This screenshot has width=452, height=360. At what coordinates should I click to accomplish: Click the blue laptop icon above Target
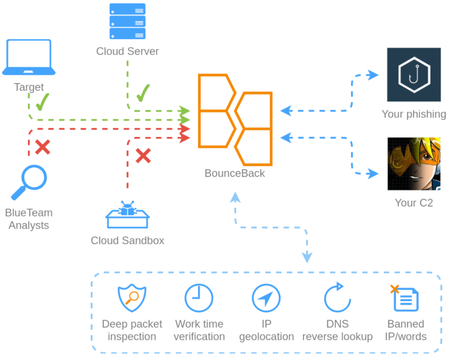coord(28,57)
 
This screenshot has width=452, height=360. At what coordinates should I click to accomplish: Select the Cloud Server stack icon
coord(127,21)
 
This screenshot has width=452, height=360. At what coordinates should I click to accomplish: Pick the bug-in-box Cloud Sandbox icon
coord(127,214)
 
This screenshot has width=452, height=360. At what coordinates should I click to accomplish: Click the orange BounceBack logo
coord(235,120)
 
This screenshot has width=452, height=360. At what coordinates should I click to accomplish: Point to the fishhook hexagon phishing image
coord(413,74)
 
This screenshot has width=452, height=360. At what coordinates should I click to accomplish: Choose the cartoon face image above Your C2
coord(413,164)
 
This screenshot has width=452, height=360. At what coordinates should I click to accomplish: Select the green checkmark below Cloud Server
coord(143,93)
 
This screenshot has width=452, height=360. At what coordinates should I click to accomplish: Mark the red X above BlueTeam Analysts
coord(42,147)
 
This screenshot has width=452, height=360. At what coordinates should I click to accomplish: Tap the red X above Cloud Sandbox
coord(143,156)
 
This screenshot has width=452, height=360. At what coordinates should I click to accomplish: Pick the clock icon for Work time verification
coord(199,298)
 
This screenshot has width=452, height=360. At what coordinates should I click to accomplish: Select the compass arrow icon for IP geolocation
coord(266,298)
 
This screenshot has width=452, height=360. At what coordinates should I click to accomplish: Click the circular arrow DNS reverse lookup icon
coord(337,298)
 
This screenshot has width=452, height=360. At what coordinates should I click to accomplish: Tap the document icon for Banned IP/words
coord(405,299)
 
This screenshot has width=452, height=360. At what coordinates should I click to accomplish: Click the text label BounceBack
coord(234,173)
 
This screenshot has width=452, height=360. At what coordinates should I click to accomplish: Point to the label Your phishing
coord(413,114)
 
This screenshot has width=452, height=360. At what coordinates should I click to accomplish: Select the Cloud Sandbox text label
coord(127,240)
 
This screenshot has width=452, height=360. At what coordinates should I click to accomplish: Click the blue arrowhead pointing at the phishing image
coord(372,75)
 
